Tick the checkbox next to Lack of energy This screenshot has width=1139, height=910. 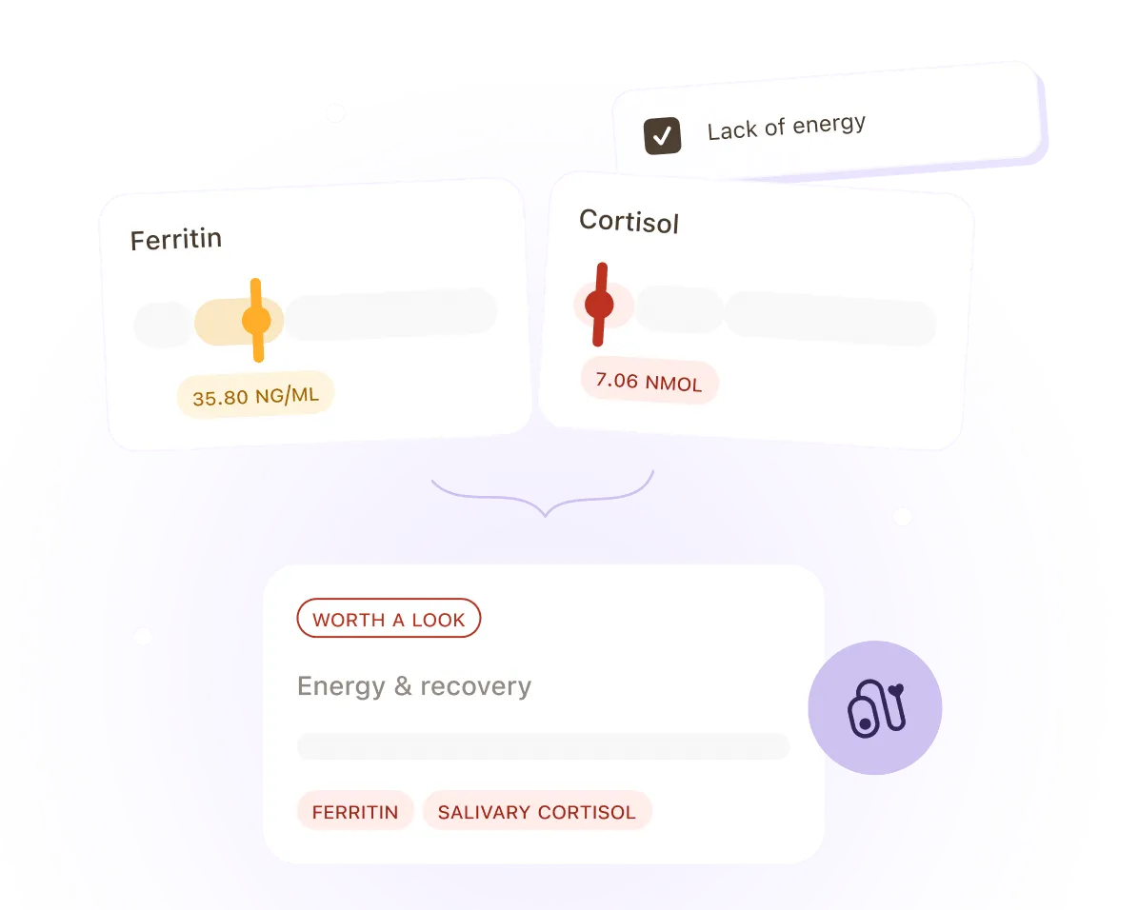(x=663, y=136)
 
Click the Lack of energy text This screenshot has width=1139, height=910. (x=787, y=128)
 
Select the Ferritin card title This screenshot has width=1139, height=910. (x=176, y=239)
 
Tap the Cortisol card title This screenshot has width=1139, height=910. (x=629, y=221)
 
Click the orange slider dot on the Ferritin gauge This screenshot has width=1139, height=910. (x=256, y=320)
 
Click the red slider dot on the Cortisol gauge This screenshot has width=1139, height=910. (x=599, y=305)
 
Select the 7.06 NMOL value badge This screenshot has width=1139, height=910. (x=649, y=382)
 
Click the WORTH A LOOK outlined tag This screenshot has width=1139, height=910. (x=389, y=619)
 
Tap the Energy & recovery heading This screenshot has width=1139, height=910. (x=414, y=686)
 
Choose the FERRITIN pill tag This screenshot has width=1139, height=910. (x=355, y=810)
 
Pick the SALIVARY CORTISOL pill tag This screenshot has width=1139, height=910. (x=537, y=810)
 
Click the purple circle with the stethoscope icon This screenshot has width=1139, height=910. (x=874, y=707)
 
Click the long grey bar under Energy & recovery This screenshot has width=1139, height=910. (x=544, y=746)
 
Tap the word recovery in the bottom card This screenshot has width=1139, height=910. (x=476, y=686)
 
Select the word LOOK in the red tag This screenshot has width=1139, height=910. (x=438, y=620)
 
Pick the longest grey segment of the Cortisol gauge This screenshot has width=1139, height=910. (x=831, y=318)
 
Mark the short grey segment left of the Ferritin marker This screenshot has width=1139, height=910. (x=163, y=324)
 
